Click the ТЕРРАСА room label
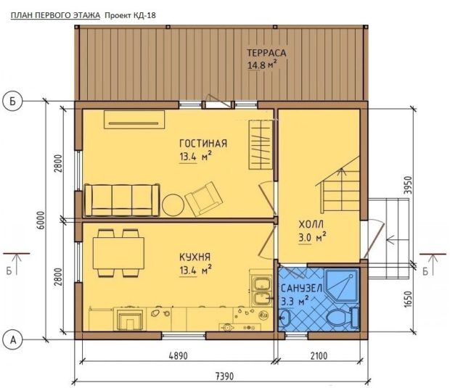266,53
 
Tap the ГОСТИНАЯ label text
203,144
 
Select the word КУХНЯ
195,257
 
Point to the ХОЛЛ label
311,224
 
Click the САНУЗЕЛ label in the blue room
301,288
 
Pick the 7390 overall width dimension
224,376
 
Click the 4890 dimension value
178,356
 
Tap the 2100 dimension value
319,356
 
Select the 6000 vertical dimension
41,220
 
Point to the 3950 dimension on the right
407,185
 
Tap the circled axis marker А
12,340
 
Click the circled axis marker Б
12,102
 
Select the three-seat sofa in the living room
122,200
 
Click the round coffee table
173,205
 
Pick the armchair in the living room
204,199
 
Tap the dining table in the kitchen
118,253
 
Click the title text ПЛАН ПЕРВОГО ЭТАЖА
55,15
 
